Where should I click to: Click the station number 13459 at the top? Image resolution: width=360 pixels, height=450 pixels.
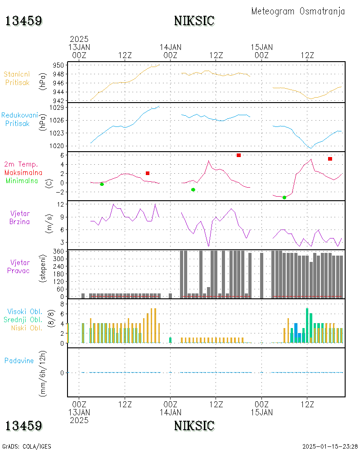coord(23,21)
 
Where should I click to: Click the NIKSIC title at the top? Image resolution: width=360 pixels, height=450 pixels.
coord(194,21)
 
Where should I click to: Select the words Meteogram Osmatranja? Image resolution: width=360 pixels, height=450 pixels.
coord(298,11)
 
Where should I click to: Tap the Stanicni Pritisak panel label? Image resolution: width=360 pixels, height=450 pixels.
coord(17,78)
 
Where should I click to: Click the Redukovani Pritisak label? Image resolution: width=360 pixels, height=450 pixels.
coord(19,119)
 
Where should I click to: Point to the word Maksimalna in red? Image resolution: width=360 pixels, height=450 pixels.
coord(23,172)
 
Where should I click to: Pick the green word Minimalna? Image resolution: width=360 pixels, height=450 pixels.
coord(22,181)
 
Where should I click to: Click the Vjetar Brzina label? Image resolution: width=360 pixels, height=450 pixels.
coord(19,217)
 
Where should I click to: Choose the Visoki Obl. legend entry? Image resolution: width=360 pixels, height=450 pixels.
coord(25,311)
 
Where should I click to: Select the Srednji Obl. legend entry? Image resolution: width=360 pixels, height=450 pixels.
coord(23,319)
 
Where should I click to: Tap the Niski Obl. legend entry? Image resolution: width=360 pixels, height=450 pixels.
coord(27,328)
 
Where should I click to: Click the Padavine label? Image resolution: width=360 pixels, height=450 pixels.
coord(19,360)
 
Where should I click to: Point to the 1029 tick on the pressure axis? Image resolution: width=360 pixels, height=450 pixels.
coord(57,108)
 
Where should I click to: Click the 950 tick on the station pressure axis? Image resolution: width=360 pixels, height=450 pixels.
coord(58,65)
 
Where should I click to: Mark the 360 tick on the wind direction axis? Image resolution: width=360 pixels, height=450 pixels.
coord(58,252)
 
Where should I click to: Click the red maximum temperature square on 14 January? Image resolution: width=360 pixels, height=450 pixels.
coord(238,155)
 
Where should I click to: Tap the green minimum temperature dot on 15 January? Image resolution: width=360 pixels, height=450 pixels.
coord(284,198)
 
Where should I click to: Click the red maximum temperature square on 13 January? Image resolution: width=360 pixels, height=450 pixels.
coord(148,173)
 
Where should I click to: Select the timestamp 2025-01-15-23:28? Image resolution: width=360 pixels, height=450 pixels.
coord(330,446)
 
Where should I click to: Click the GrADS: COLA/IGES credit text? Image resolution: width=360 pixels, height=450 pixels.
coord(27,446)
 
